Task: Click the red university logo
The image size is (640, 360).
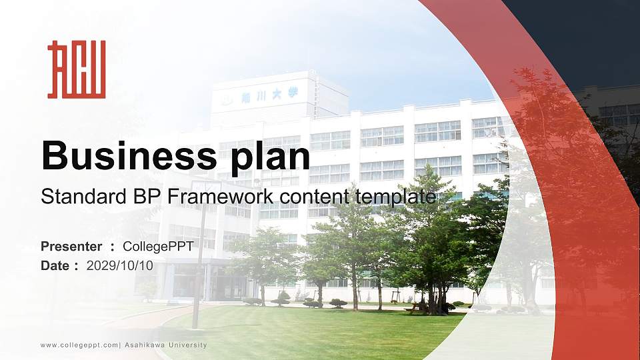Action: pos(76,69)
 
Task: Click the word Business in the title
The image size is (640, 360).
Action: pos(127,157)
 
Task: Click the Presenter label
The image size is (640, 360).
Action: pos(71,247)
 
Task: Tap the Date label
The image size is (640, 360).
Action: pos(55,265)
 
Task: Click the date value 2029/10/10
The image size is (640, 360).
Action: pos(120,265)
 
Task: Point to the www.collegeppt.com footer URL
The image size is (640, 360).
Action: pos(79,345)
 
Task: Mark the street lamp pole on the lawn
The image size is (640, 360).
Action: pos(197,267)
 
